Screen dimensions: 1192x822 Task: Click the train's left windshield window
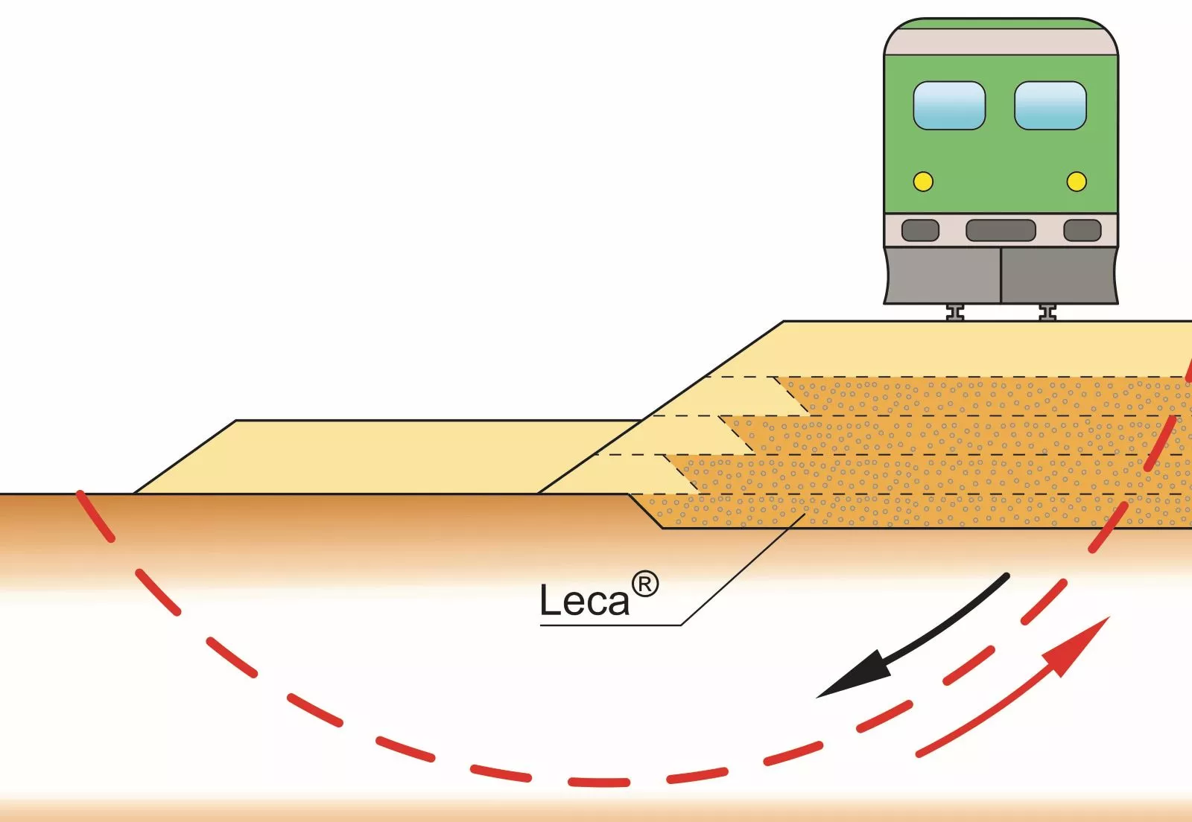949,105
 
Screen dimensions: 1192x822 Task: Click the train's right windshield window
1050,105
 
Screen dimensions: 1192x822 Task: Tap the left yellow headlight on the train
923,182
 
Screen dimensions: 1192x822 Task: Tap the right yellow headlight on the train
1077,182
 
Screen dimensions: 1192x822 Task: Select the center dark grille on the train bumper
1001,230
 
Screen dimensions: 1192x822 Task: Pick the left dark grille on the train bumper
920,230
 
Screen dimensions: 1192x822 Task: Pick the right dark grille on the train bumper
1082,230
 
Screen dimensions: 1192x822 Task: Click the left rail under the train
955,313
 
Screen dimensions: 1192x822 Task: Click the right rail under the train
1047,313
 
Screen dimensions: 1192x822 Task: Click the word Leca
584,600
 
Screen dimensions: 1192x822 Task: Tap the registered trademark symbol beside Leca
645,584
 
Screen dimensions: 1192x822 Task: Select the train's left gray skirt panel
942,275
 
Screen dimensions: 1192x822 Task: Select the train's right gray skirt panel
1059,275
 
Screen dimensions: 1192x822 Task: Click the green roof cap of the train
1001,23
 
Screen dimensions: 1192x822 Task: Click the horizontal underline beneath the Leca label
610,625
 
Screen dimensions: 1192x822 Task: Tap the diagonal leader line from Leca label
743,569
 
